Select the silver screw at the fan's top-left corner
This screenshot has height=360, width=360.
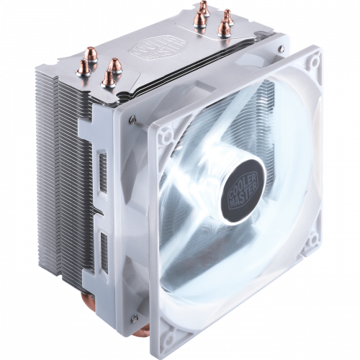[134, 116]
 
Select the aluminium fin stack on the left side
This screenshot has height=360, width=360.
[54, 180]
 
